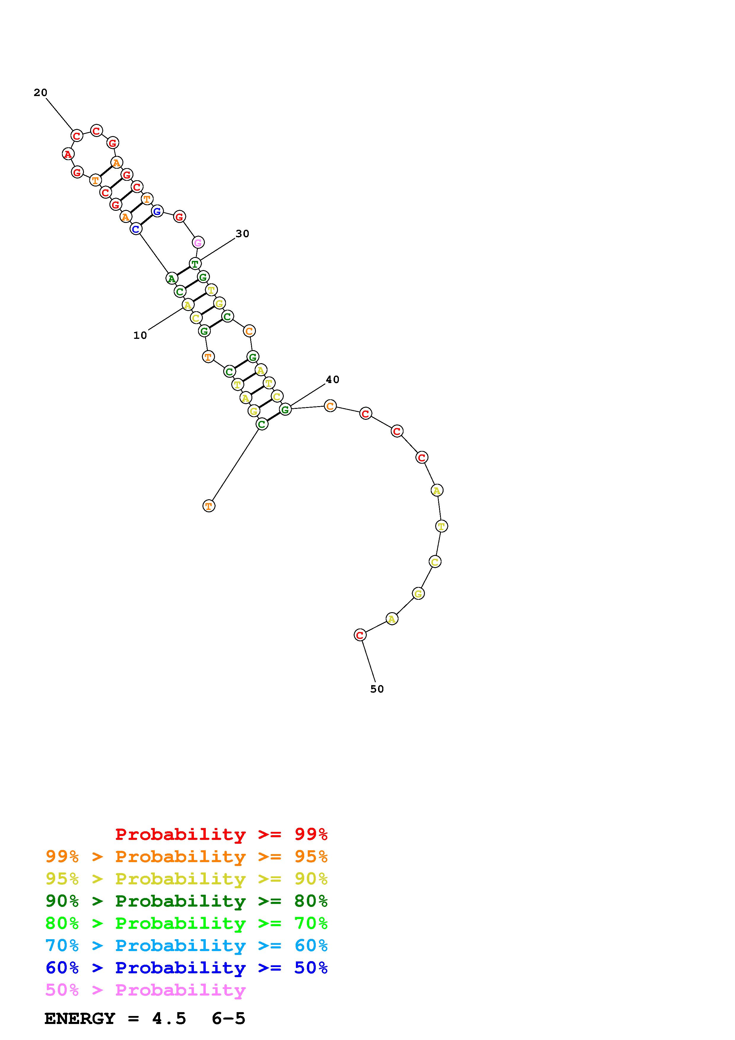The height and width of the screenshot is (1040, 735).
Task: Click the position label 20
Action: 40,93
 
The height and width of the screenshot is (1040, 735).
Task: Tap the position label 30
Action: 242,234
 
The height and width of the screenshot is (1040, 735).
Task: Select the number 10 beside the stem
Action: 140,335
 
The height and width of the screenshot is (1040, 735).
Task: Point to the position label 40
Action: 332,379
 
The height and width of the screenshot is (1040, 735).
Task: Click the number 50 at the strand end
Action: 377,689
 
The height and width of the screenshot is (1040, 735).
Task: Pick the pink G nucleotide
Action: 198,243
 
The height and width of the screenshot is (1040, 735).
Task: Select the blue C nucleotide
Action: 136,229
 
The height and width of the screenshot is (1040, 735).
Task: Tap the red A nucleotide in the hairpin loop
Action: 68,154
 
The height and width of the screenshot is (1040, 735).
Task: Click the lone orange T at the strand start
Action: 209,506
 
